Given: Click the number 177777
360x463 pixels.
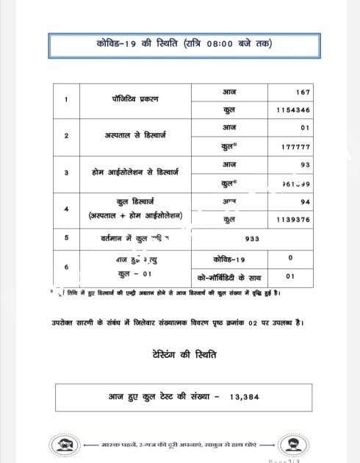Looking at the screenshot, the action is coord(295,146).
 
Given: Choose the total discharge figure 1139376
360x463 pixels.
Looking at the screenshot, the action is coord(293,218).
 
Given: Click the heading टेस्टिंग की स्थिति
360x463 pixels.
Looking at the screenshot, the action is coord(179,354).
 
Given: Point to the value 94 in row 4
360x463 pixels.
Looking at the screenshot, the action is coord(304,201).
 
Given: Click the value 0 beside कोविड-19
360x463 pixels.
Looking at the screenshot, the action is coord(291,258).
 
